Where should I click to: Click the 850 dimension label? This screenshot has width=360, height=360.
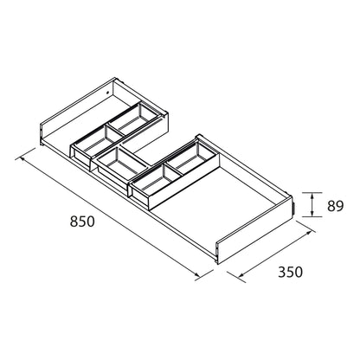(x=82, y=222)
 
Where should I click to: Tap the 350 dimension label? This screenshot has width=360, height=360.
(x=290, y=272)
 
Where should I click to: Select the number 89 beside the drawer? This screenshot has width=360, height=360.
(x=335, y=206)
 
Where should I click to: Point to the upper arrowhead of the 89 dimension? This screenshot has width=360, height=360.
(x=312, y=196)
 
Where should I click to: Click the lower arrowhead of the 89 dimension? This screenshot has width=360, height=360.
(x=312, y=213)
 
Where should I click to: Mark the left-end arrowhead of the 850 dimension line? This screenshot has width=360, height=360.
(x=22, y=158)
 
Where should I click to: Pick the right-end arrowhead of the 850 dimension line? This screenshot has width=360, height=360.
(x=196, y=274)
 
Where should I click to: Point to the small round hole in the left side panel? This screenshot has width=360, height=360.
(x=107, y=93)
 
